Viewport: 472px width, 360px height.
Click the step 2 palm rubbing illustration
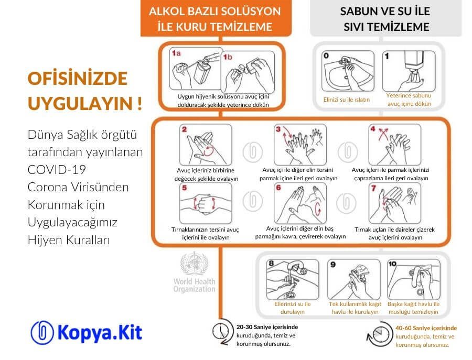pyautogui.click(x=202, y=145)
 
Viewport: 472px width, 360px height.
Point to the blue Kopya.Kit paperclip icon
pyautogui.click(x=42, y=332)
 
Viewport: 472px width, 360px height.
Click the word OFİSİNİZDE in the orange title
pyautogui.click(x=77, y=79)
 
